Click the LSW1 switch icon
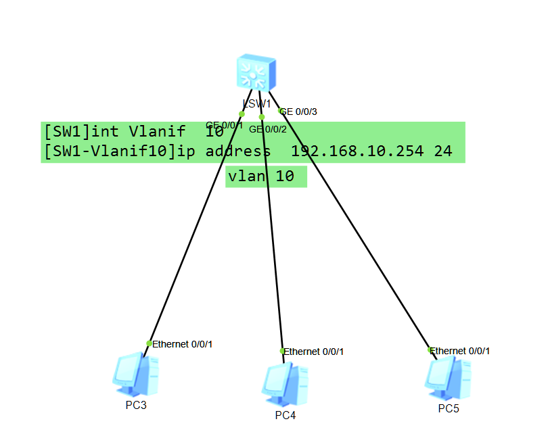[256, 73]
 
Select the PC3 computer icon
[135, 374]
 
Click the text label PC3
[136, 405]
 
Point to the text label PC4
[286, 415]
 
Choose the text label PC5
[449, 408]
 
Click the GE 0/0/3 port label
[300, 112]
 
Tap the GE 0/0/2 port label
[268, 129]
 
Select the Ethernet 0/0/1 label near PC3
[183, 344]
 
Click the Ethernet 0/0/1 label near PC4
[314, 352]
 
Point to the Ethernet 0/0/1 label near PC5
[460, 351]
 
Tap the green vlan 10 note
[265, 176]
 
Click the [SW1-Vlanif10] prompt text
[108, 151]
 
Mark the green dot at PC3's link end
[149, 343]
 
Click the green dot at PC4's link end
[282, 351]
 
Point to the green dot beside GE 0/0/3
[281, 111]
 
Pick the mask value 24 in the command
[443, 151]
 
